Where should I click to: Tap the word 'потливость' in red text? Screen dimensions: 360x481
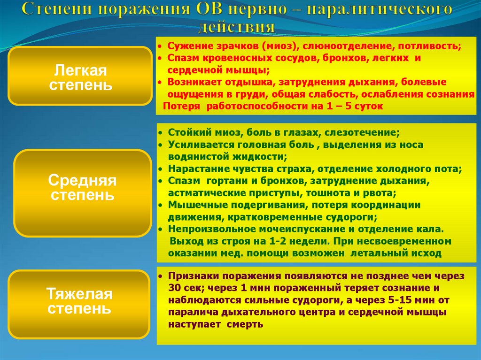tap(434, 47)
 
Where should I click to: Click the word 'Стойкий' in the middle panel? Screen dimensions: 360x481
tap(185, 133)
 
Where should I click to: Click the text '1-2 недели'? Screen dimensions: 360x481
tap(280, 241)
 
